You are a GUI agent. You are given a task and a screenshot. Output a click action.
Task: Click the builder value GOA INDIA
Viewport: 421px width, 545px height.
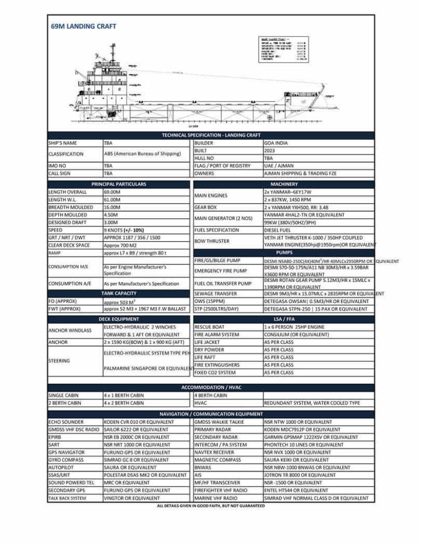277,143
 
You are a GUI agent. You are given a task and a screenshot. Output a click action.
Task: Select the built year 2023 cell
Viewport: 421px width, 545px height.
269,151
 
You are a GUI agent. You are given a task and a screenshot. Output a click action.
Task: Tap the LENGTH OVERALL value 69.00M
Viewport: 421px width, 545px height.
112,192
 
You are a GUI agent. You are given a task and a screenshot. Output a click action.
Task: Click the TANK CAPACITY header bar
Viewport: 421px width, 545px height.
119,293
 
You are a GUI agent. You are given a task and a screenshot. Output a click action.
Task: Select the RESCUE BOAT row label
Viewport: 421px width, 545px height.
209,326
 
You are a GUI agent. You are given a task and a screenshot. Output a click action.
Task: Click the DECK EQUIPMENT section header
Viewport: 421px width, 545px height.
119,318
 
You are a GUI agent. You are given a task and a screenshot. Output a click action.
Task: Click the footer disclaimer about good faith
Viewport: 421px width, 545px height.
210,506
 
